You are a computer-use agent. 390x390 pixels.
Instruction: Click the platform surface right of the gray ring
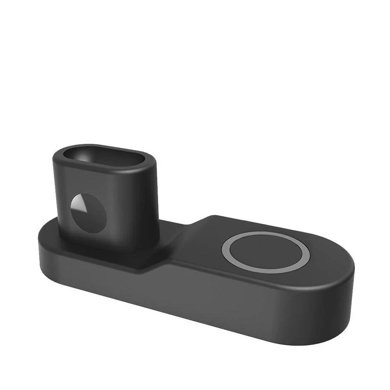pos(328,257)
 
